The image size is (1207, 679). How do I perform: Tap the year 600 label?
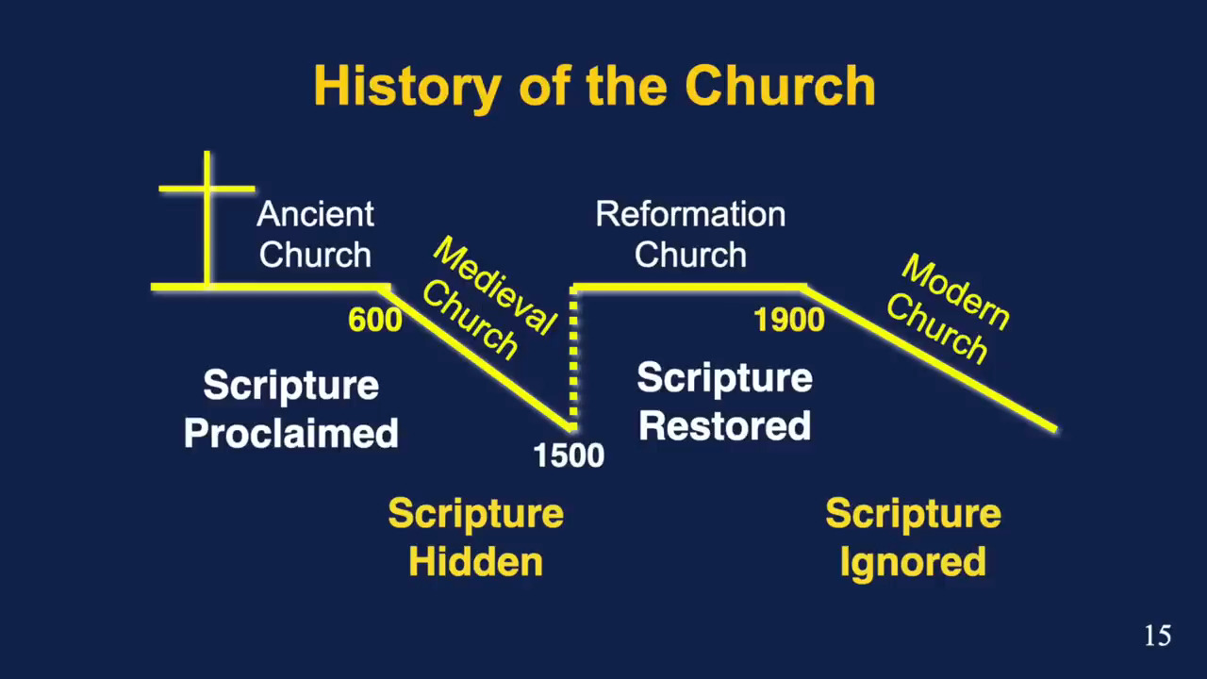click(x=375, y=320)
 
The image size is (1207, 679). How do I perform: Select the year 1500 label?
click(x=569, y=455)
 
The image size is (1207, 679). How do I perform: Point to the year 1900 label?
click(x=789, y=320)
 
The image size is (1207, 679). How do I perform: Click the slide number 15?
click(x=1157, y=636)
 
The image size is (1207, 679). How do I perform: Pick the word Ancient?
click(x=315, y=214)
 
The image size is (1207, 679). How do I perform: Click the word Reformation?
click(x=690, y=214)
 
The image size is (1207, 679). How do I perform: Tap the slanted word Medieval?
click(x=495, y=286)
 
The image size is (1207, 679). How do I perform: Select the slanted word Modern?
click(x=955, y=292)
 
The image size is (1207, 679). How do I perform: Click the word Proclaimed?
click(x=291, y=433)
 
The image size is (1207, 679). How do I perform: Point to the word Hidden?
click(x=476, y=561)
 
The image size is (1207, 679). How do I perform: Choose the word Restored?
click(x=724, y=425)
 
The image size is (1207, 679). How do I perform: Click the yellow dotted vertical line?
click(x=573, y=358)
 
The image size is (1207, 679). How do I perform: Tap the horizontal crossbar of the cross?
click(x=207, y=189)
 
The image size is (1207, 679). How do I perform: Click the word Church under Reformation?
click(x=690, y=255)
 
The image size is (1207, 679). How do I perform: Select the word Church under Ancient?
click(x=315, y=255)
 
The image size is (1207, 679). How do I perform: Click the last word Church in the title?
click(x=780, y=86)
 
